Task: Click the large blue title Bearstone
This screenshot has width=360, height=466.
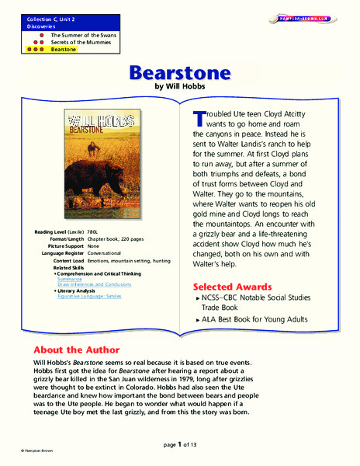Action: (x=180, y=74)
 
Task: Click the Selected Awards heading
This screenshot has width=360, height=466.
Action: (x=232, y=287)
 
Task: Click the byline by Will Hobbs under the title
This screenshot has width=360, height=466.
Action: (x=180, y=89)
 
